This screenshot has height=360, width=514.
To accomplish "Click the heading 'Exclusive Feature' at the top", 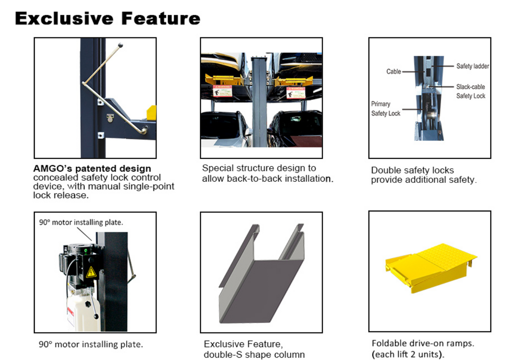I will click(x=108, y=19).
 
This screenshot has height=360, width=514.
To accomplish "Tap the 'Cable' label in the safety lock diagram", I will click(x=393, y=71).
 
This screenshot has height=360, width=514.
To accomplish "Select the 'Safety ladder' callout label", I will click(x=473, y=66).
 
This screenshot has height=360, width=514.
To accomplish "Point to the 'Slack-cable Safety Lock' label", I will click(x=470, y=91).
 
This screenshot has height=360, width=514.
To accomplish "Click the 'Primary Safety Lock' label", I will click(x=385, y=109).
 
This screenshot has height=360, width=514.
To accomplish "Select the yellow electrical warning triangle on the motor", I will click(x=91, y=272).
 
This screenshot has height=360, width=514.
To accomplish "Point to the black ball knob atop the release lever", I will click(x=121, y=44).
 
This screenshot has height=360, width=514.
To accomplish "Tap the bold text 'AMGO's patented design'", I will click(x=92, y=169).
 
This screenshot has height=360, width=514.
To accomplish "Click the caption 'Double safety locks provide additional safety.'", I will click(x=423, y=175).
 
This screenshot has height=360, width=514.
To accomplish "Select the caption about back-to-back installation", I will click(x=268, y=173).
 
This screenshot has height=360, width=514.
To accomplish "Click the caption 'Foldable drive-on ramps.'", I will click(x=417, y=343).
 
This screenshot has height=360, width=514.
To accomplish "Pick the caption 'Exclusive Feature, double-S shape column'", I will click(x=254, y=349).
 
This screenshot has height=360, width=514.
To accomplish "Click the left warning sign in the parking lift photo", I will click(x=222, y=91).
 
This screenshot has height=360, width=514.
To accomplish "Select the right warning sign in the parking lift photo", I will click(x=296, y=93).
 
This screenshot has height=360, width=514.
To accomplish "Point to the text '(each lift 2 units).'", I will click(x=408, y=354).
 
